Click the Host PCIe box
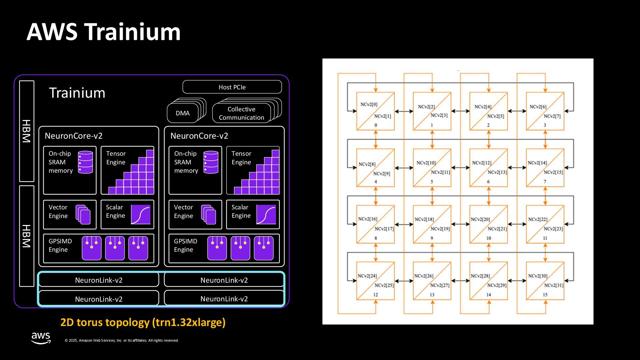(x=232, y=87)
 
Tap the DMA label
(x=183, y=113)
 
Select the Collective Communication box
(x=241, y=113)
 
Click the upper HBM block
(x=27, y=131)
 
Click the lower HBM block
(x=27, y=236)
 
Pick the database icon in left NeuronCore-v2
(x=85, y=162)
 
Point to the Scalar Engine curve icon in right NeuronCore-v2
(x=266, y=214)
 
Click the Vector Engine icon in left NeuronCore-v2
(x=83, y=214)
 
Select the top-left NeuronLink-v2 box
(x=99, y=280)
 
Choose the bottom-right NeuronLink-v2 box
(x=224, y=299)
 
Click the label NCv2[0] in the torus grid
(x=369, y=104)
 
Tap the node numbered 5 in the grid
(x=432, y=168)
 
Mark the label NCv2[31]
(x=554, y=285)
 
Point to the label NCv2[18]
(x=424, y=219)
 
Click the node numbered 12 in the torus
(x=376, y=281)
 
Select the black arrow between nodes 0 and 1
(x=404, y=111)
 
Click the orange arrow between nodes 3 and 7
(x=545, y=139)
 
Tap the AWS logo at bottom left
(x=41, y=338)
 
